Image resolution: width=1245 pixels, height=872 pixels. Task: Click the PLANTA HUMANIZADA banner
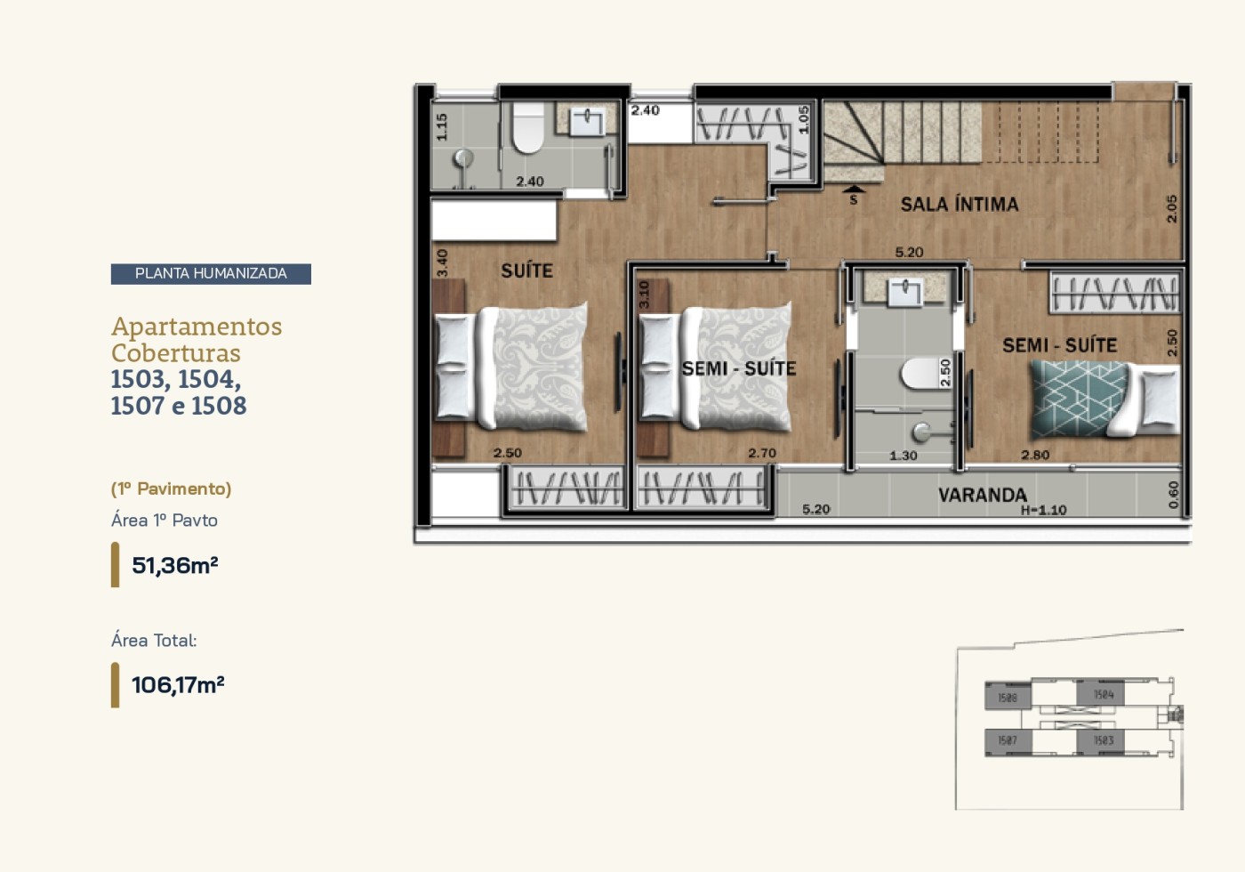click(x=211, y=274)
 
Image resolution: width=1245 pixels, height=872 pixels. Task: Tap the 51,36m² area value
click(x=175, y=565)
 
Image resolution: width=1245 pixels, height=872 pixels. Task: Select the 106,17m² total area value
click(x=178, y=685)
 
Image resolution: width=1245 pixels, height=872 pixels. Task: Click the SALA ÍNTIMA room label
click(x=960, y=205)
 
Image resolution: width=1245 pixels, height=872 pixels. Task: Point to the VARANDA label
click(x=982, y=495)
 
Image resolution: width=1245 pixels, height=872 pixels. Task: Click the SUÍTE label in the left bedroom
click(x=526, y=270)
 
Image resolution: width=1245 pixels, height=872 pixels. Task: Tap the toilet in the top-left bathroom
click(x=528, y=130)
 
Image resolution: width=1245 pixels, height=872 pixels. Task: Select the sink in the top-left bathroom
click(x=585, y=121)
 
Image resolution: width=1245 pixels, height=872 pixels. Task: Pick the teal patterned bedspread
click(x=1076, y=398)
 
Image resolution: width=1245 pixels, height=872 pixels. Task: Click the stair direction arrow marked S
click(x=854, y=190)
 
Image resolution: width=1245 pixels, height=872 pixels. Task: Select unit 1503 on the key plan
click(x=1103, y=740)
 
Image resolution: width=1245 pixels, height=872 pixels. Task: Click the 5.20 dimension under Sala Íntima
click(x=909, y=253)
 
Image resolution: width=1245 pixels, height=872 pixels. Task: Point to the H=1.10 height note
click(x=1043, y=511)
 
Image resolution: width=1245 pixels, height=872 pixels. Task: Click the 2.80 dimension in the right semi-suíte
click(x=1034, y=455)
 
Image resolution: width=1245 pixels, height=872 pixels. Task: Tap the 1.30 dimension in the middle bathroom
click(x=903, y=456)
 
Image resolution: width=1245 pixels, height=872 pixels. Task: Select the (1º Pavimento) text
click(x=171, y=488)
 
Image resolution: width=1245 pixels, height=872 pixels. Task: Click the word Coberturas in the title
click(x=175, y=353)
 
